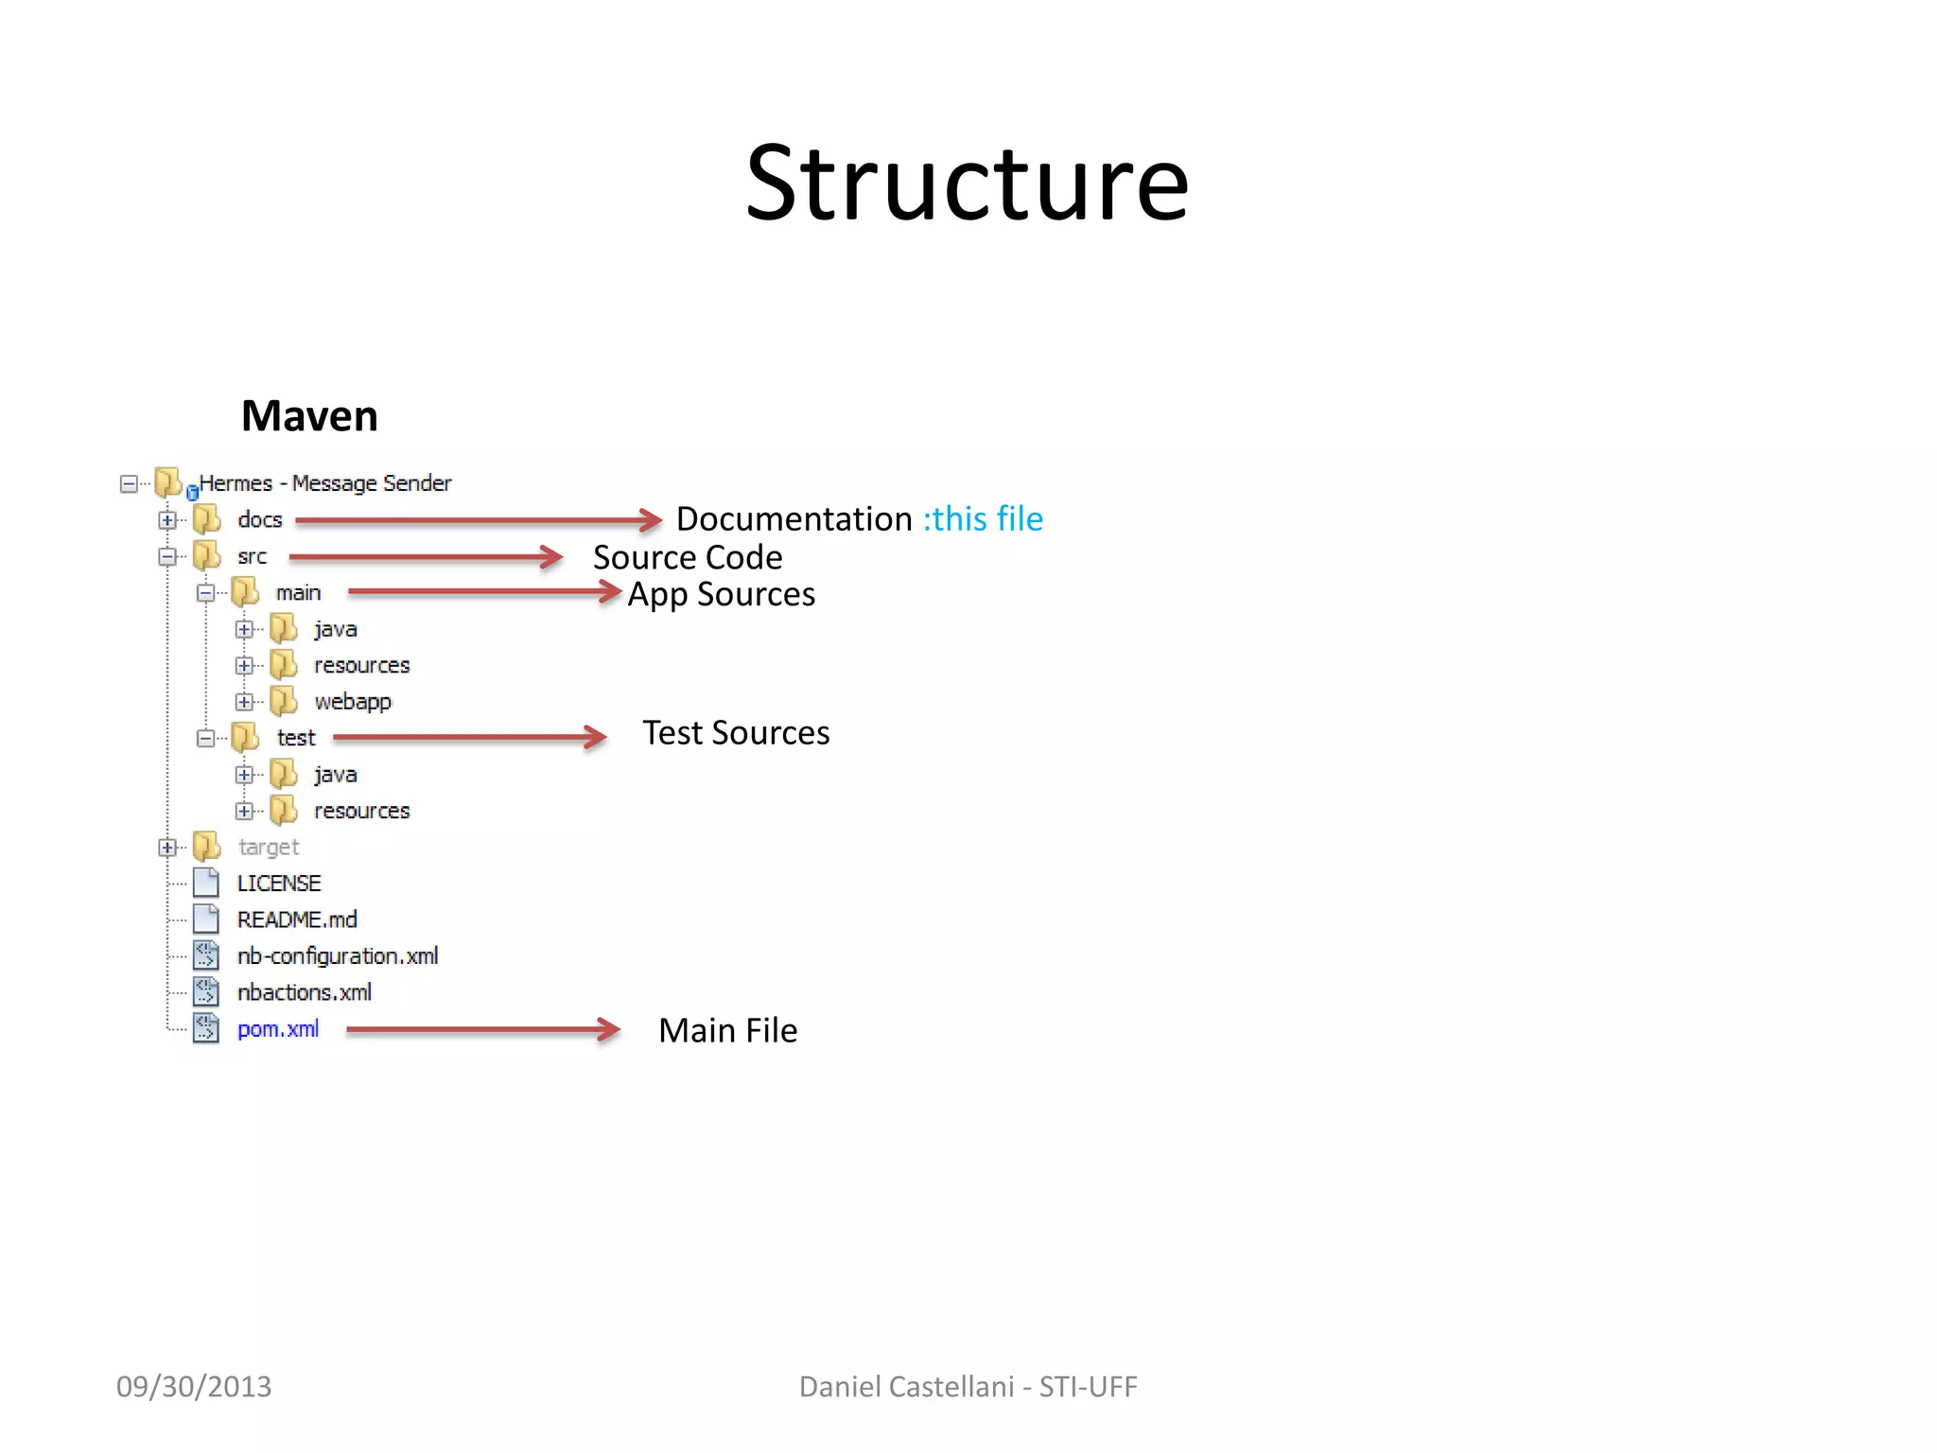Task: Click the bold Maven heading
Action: [309, 416]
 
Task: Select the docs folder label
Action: [259, 519]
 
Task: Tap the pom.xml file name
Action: [277, 1028]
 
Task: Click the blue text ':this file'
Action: [983, 518]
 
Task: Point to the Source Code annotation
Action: [688, 557]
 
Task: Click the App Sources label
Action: [722, 594]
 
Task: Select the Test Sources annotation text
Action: [736, 732]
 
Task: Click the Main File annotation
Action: [727, 1030]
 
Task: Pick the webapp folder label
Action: [352, 701]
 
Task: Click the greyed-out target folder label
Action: [269, 847]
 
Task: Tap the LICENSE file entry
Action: [278, 883]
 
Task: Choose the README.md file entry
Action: [296, 919]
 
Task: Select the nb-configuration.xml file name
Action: [337, 955]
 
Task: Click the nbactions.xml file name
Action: [304, 992]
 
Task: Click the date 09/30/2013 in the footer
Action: [193, 1386]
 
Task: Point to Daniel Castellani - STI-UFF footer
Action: [968, 1386]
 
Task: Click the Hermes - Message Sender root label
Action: [324, 483]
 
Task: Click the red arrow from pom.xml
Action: [482, 1029]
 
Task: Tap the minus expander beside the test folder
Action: [205, 738]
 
